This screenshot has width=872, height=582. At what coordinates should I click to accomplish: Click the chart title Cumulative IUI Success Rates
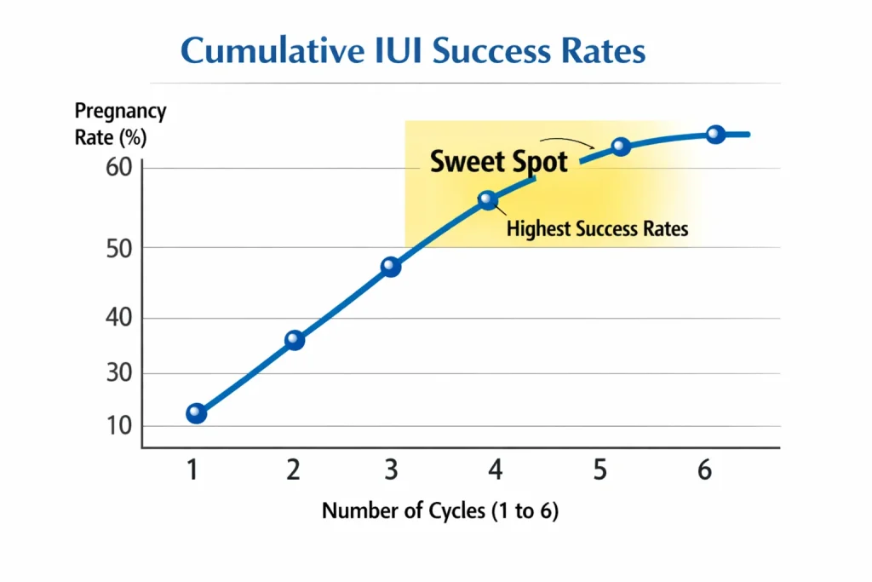[413, 50]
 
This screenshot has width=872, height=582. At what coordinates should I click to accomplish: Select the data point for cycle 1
[196, 413]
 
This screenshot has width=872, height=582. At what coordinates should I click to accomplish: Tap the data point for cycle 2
[294, 340]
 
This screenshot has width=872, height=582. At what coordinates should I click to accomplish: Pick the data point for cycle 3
[390, 267]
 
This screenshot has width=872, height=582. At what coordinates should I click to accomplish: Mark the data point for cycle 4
[487, 200]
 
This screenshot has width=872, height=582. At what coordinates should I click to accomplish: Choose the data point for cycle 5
[621, 147]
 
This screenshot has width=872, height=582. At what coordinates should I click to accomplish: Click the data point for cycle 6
[715, 134]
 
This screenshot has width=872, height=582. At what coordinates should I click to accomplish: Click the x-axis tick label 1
[193, 470]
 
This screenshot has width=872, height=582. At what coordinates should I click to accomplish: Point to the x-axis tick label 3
[391, 470]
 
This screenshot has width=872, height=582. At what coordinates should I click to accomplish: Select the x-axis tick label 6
[704, 470]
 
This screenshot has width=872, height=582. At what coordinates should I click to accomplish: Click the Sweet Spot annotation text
[498, 161]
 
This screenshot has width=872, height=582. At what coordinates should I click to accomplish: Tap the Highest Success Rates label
[597, 228]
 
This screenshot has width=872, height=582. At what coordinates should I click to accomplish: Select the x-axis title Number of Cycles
[440, 511]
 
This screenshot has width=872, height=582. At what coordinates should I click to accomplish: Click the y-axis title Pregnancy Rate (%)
[120, 124]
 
